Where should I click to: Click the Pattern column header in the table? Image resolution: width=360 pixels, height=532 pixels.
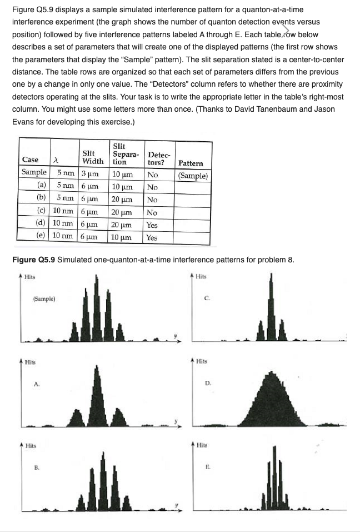(191, 163)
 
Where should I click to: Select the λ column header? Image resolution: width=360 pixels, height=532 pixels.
(54, 160)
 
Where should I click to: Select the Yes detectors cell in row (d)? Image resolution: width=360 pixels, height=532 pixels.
(152, 225)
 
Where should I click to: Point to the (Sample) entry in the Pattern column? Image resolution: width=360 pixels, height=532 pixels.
(193, 176)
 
